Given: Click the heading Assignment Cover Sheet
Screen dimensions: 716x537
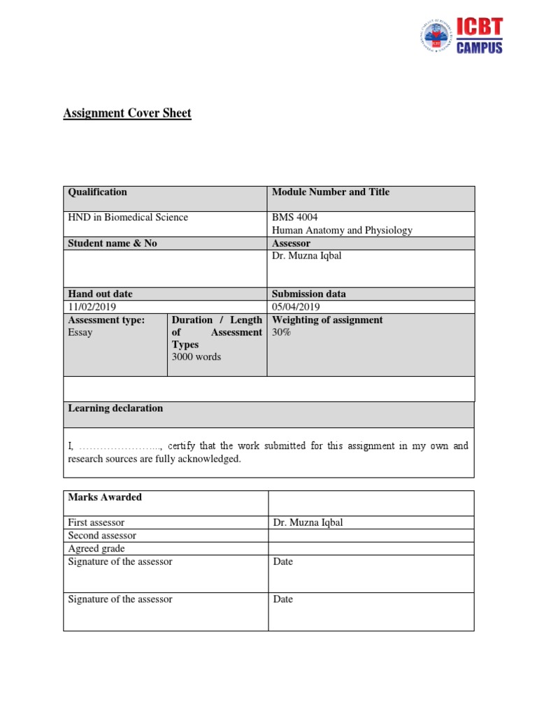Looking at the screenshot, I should click(127, 113).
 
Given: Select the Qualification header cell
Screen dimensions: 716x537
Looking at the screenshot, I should click(97, 192).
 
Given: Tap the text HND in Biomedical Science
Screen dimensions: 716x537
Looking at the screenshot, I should click(128, 217).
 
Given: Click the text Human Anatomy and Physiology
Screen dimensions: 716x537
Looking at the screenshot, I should click(342, 230).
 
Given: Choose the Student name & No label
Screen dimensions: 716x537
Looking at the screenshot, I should click(113, 243).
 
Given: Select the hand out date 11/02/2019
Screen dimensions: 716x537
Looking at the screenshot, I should click(92, 307).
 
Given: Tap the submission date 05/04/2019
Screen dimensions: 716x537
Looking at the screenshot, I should click(296, 307).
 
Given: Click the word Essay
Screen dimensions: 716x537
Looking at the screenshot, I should click(80, 333).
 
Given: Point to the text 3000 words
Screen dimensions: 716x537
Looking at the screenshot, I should click(196, 357).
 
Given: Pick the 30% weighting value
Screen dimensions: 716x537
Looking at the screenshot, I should click(281, 333).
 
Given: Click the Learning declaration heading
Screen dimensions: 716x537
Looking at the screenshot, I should click(115, 408).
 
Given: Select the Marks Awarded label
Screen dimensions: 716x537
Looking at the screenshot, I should click(105, 497).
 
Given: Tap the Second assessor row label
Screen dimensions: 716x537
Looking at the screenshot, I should click(102, 536).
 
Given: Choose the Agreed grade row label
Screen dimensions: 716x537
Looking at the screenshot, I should click(96, 548).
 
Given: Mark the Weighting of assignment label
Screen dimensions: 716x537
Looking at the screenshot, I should click(327, 320).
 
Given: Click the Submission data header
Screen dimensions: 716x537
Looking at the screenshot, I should click(309, 294).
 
